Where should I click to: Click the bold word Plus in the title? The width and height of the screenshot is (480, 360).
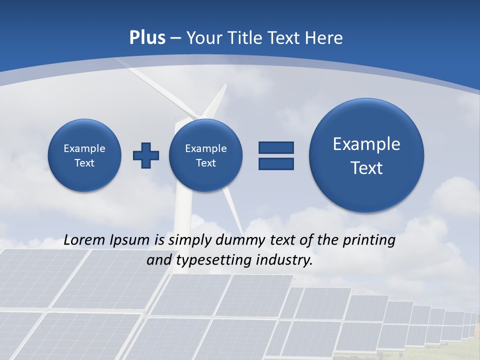coord(147,38)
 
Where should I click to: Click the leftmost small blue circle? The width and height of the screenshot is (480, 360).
coord(84,155)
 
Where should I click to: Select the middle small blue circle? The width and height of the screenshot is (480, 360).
coord(206,155)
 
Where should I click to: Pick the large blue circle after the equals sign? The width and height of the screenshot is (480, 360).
coord(366,155)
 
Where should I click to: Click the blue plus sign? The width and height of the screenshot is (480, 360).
coord(146,155)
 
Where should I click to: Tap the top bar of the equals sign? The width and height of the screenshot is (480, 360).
coord(276,147)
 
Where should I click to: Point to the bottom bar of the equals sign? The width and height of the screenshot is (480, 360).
coord(276,163)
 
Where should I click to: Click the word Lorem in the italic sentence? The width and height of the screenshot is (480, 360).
coord(85,240)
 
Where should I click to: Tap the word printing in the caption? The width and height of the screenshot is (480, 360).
coord(368,240)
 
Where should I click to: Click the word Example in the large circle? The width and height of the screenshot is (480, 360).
coord(366,144)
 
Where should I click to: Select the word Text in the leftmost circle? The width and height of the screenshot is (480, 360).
coord(84,163)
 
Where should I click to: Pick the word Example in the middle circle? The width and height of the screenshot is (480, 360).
coord(206,148)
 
